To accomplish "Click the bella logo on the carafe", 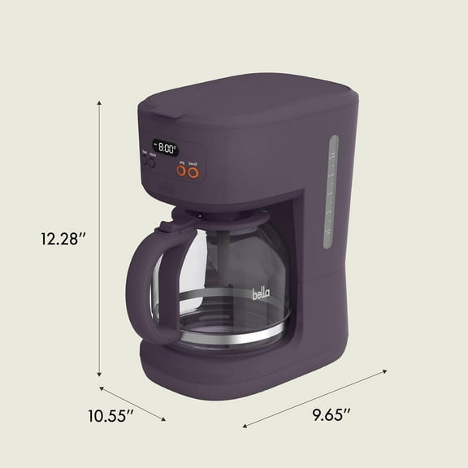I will [x=262, y=289].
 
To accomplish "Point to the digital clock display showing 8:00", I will [x=167, y=148].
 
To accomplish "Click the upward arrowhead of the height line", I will [x=100, y=102].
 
